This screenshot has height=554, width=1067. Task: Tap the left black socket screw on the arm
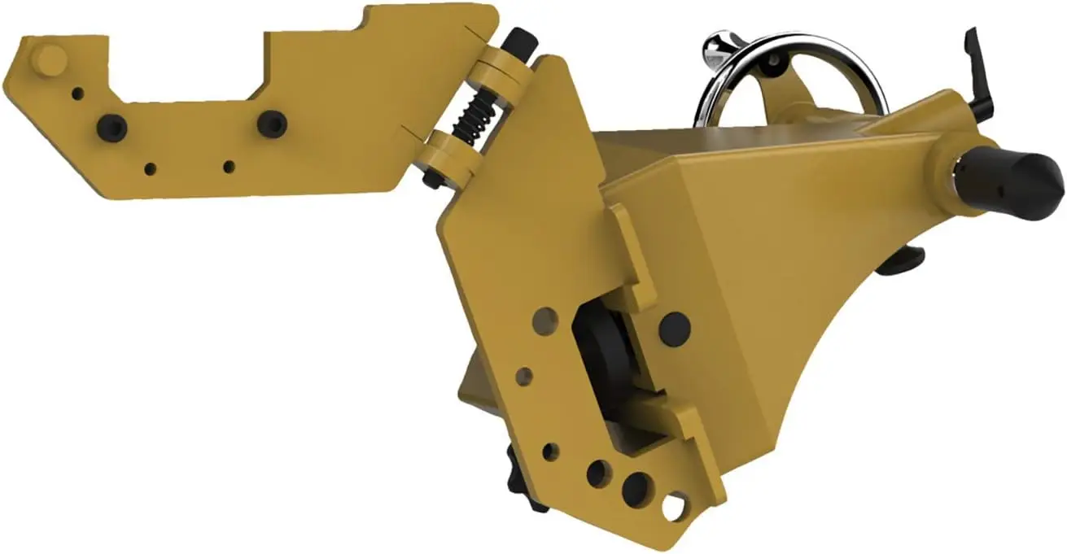pyautogui.click(x=112, y=127)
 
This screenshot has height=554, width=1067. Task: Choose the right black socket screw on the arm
pyautogui.click(x=272, y=124)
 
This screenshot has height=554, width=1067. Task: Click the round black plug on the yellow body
pyautogui.click(x=674, y=328)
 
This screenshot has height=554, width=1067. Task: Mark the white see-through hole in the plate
pyautogui.click(x=674, y=506)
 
